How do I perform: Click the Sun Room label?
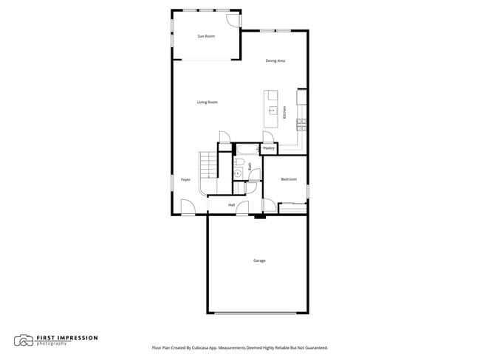206,36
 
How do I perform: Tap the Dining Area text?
275,60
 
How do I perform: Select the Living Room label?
207,103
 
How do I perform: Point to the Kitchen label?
284,113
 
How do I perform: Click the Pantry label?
269,148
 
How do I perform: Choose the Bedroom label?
289,179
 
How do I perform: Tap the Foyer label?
185,179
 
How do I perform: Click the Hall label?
231,204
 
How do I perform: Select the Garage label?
259,260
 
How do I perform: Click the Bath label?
250,167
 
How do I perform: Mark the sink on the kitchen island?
272,111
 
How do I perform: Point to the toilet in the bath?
238,173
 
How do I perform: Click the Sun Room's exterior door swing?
233,20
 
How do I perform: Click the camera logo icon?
24,340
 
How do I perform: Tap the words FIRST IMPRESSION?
66,338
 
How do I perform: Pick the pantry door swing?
268,137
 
